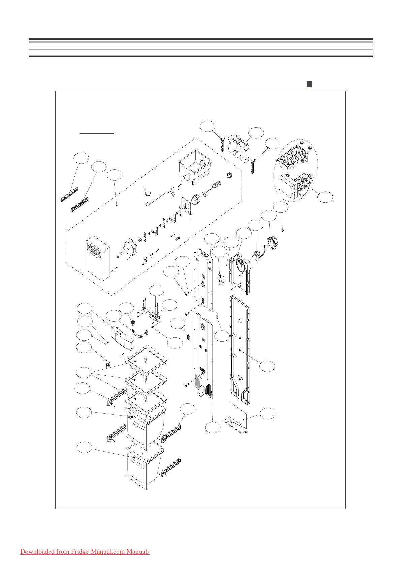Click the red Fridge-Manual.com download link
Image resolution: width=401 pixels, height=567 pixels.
click(85, 551)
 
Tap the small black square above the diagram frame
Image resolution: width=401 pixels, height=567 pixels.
click(309, 84)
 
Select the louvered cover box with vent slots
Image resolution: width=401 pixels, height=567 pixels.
click(98, 258)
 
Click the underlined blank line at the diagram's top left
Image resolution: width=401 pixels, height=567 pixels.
click(97, 133)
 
